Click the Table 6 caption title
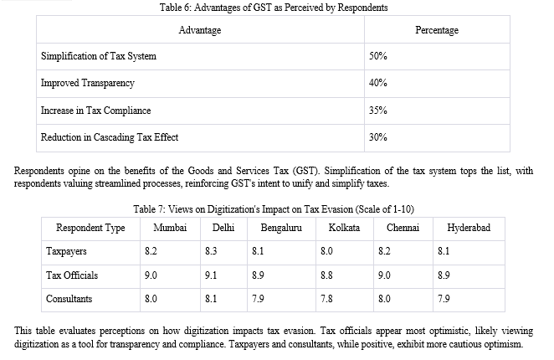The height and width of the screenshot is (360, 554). coord(274,8)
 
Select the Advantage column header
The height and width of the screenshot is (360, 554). coord(200,30)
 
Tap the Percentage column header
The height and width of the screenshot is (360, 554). coord(437,30)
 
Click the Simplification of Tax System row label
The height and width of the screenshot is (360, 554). coord(99,56)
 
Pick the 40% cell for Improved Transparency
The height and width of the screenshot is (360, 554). coord(378,83)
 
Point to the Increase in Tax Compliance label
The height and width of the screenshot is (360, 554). coord(95,111)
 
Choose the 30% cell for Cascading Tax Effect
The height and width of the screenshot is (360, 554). coord(378,137)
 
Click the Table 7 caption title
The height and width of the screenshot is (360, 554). coord(274,209)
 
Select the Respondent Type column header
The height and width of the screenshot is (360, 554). coord(90,228)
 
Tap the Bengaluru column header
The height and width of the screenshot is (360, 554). coord(281,228)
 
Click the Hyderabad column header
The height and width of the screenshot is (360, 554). coord(469,228)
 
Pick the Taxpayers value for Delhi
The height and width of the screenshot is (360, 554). coord(211,251)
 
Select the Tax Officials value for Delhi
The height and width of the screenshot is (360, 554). coord(211,275)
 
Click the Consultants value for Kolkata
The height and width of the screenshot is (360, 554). coord(326,299)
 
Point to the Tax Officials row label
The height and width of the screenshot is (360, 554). coord(72,275)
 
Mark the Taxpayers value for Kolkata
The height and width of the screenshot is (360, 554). coord(326,251)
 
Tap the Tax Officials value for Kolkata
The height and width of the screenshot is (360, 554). coord(326,275)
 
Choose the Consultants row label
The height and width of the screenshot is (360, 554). coord(69,299)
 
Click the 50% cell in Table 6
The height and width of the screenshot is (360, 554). coord(378,56)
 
